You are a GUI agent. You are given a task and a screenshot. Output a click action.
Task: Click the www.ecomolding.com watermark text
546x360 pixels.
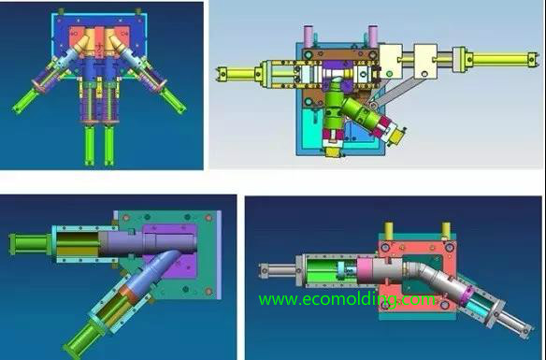click(347, 300)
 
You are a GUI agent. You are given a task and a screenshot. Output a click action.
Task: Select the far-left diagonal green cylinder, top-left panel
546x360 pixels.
click(24, 101)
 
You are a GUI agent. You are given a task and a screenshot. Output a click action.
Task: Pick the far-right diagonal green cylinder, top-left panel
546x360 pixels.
click(173, 101)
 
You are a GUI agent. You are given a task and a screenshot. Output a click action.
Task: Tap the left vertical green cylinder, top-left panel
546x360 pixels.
click(90, 146)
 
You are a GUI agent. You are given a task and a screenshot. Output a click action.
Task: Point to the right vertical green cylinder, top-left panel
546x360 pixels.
click(109, 146)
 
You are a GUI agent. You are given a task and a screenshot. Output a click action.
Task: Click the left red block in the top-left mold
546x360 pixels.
click(77, 37)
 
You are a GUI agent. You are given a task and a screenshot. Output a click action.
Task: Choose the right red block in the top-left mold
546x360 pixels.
click(122, 37)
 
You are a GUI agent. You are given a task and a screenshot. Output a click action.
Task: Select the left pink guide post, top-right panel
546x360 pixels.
click(309, 36)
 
